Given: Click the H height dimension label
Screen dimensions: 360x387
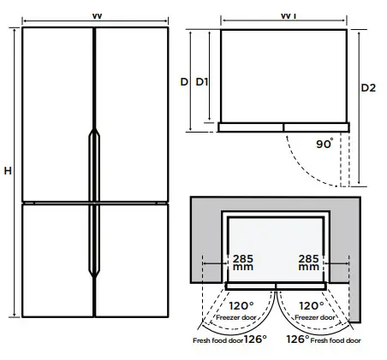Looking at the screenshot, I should coord(7,172).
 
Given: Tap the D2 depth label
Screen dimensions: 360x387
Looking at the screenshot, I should coord(367,88).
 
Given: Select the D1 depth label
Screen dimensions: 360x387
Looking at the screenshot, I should coord(202,82).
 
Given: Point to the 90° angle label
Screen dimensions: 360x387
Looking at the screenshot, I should coord(324,145).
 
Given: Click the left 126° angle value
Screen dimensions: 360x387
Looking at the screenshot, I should coord(254,339).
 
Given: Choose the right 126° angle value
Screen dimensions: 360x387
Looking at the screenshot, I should coord(297,339).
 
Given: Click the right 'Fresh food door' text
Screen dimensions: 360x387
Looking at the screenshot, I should coord(336,340).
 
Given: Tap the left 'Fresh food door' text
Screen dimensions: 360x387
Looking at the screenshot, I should coord(216,340).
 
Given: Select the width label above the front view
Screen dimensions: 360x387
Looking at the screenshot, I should coord(92,15).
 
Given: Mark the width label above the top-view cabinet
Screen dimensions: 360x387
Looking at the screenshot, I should coord(284,15).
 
